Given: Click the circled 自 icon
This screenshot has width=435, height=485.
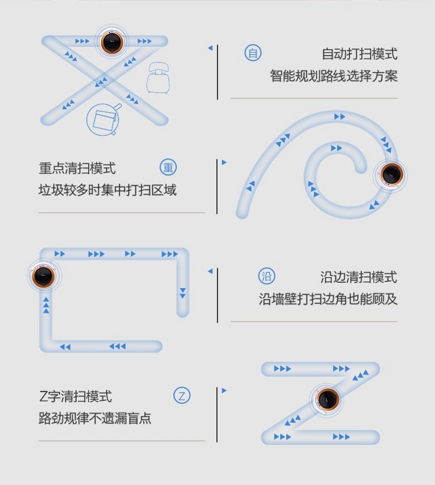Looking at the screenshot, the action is (253, 53).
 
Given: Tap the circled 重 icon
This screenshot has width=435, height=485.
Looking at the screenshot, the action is (168, 168).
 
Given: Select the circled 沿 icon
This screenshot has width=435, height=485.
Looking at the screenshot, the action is (267, 276).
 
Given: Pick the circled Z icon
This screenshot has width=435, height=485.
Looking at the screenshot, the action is (182, 396).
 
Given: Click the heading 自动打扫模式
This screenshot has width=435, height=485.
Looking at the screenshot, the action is (360, 54).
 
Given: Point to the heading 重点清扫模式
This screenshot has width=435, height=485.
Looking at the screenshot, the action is (77, 169).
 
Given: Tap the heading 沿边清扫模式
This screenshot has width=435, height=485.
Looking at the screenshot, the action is (358, 277).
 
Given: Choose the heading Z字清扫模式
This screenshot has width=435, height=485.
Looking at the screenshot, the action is (75, 397).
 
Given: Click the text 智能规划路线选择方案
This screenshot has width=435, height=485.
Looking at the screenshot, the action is (333, 76).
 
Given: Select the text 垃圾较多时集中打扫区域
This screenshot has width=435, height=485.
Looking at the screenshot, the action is (107, 190).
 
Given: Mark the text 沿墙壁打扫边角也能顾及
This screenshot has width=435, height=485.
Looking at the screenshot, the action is (328, 299).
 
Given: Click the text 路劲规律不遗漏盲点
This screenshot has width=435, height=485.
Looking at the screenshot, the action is (95, 418).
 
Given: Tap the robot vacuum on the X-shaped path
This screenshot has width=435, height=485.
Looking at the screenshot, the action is (112, 42).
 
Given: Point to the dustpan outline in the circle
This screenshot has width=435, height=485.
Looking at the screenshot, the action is (104, 119).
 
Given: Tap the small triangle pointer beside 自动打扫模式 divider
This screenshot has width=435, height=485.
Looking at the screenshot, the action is (210, 48).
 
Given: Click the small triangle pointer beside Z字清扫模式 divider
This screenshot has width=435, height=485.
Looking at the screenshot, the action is (224, 391).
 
